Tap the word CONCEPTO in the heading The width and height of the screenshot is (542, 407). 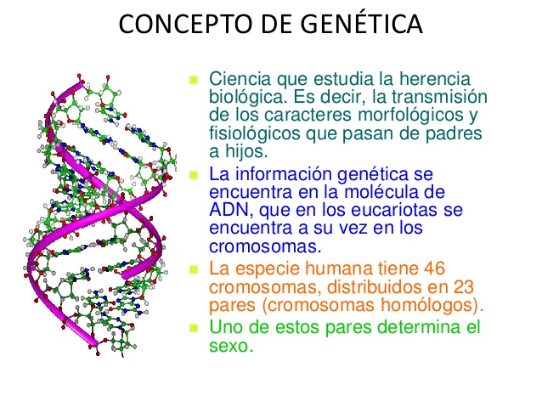coord(186,24)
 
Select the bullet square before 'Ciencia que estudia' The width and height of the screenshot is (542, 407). coord(194,81)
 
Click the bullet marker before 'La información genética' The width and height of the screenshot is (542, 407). coord(194,175)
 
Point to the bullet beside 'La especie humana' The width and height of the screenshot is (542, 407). coord(194,269)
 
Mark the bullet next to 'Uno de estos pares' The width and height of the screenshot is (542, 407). coord(194,328)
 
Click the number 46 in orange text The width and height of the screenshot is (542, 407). coord(434,269)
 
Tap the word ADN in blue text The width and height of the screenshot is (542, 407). coord(229,210)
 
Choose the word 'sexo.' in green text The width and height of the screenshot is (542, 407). coord(231,346)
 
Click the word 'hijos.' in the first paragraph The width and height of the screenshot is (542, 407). coord(246,151)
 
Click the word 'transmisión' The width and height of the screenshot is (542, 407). coord(439,97)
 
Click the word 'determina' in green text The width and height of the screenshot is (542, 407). coord(416,327)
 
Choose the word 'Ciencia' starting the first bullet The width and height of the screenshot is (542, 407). coord(240,79)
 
